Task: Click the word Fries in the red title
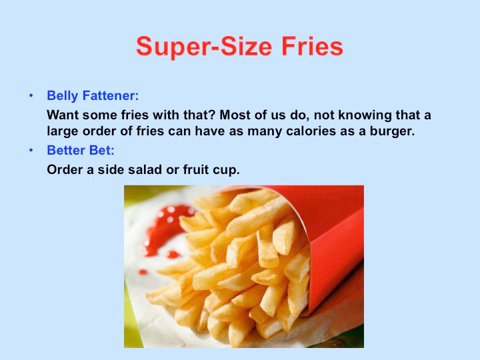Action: [x=312, y=46]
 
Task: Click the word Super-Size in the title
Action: [x=204, y=47]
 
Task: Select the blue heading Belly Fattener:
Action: [x=93, y=96]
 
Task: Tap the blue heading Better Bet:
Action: [x=81, y=150]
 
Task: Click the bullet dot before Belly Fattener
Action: [x=31, y=96]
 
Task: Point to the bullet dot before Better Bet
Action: [x=31, y=150]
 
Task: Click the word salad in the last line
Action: [x=145, y=169]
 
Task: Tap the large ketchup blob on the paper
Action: [x=165, y=228]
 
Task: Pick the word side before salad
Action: [x=111, y=169]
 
